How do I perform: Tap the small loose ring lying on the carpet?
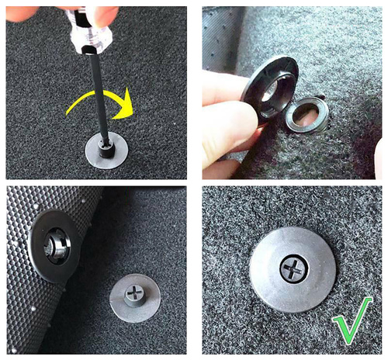click(307, 116)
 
